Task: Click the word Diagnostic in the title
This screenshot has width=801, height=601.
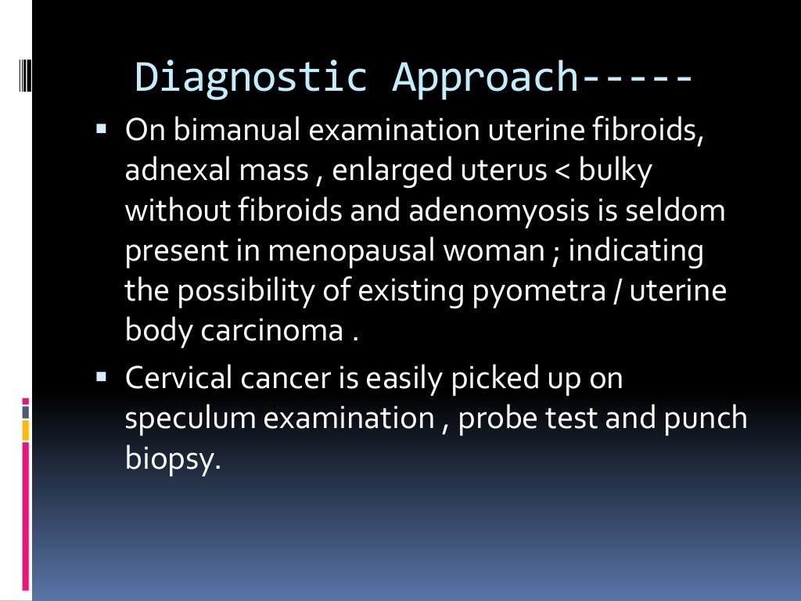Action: [x=250, y=77]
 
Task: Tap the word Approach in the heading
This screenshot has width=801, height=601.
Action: [x=484, y=77]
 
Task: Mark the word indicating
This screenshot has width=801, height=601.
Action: [x=635, y=251]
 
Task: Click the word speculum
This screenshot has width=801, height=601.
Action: [x=189, y=419]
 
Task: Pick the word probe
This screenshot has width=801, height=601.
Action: [x=496, y=419]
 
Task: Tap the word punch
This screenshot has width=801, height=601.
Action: [x=706, y=419]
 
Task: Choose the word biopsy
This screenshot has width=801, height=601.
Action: [x=168, y=459]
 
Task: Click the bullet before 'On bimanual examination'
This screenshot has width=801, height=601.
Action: [x=102, y=125]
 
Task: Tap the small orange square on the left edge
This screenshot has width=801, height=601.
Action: [x=25, y=430]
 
